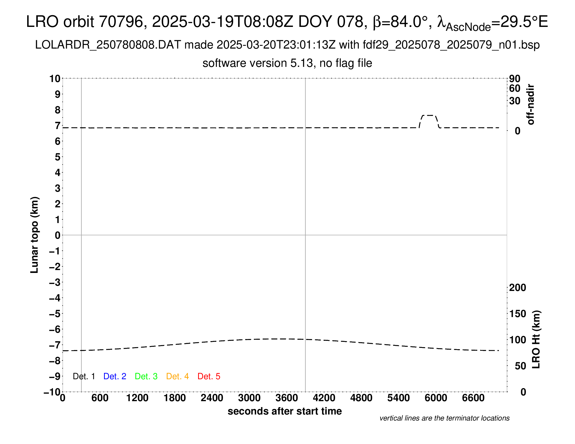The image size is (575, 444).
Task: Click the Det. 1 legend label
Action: click(84, 376)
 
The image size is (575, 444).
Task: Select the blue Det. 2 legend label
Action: click(115, 376)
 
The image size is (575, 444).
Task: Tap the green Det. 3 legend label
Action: click(146, 376)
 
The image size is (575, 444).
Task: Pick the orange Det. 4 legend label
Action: click(177, 376)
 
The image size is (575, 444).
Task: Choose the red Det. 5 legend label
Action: click(209, 376)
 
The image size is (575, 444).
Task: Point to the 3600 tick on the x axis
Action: click(287, 398)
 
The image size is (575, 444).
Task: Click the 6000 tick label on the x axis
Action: click(436, 398)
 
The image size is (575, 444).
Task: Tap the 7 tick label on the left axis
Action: click(57, 126)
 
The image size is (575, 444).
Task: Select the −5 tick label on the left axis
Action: click(55, 314)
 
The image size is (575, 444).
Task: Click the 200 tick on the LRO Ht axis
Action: click(517, 288)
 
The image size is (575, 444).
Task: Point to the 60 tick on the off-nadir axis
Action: click(515, 88)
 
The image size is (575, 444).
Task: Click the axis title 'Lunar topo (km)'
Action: click(34, 235)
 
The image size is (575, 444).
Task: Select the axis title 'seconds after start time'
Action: click(285, 411)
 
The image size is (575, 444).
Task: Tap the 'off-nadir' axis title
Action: click(531, 104)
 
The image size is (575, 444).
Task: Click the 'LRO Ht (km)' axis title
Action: click(536, 339)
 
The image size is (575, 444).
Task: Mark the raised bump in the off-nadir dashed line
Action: click(429, 115)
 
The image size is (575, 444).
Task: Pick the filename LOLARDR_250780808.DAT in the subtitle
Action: click(108, 45)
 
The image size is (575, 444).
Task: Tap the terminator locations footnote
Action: click(444, 418)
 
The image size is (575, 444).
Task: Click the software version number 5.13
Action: click(303, 63)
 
